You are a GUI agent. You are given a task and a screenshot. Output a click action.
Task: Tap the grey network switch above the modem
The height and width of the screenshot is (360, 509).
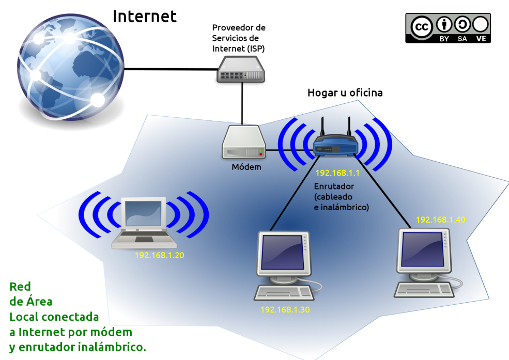240,69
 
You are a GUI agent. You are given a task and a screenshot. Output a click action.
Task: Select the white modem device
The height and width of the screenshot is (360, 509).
244,143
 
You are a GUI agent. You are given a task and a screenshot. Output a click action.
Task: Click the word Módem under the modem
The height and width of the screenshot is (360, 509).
246,167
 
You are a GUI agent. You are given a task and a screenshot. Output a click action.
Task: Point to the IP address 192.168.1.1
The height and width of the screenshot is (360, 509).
337,174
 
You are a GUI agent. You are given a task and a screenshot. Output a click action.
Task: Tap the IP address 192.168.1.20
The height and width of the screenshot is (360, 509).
159,255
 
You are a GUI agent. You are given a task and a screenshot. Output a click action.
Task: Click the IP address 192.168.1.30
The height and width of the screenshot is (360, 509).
285,310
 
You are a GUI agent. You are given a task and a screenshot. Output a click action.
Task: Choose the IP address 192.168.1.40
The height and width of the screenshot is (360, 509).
440,220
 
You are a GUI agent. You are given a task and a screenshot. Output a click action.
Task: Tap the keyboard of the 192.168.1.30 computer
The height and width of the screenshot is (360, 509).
284,293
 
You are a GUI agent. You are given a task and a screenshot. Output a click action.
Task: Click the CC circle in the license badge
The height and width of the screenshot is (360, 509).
422,26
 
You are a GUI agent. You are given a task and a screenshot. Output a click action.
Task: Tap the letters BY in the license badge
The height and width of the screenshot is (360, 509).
444,39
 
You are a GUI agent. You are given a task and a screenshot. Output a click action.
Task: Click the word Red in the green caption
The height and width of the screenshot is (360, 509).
20,287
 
